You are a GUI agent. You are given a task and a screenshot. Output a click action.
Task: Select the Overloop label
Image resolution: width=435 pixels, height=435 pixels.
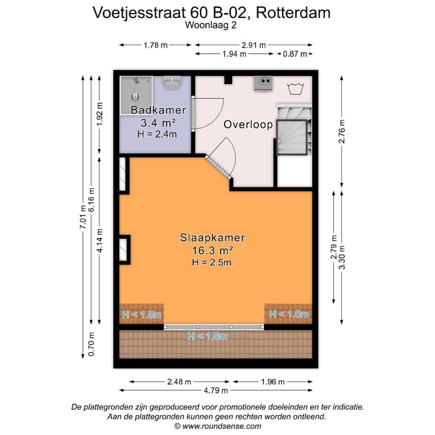point(248,124)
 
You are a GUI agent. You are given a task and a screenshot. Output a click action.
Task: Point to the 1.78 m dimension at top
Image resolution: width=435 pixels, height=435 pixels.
point(155,45)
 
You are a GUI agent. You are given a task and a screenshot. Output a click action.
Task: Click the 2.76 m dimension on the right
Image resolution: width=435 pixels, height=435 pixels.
point(341,131)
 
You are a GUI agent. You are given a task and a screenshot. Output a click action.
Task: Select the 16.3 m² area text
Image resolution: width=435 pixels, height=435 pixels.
point(212,250)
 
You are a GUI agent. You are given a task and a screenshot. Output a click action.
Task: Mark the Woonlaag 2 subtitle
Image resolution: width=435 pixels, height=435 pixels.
point(211,25)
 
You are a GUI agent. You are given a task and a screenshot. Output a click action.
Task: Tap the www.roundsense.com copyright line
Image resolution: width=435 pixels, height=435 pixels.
point(217,426)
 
